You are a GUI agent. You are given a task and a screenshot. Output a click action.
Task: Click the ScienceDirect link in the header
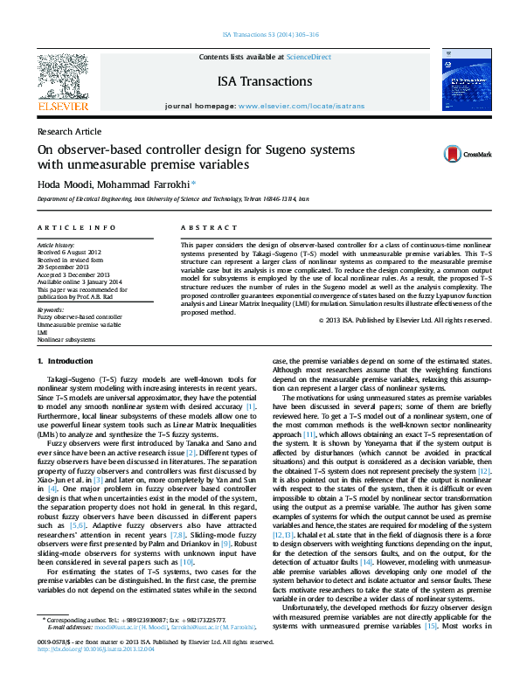[309, 56]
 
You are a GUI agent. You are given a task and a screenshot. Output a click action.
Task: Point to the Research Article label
[69, 131]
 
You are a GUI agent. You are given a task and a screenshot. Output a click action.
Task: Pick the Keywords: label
[52, 309]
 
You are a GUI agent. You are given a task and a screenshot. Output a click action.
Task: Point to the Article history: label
[56, 246]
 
